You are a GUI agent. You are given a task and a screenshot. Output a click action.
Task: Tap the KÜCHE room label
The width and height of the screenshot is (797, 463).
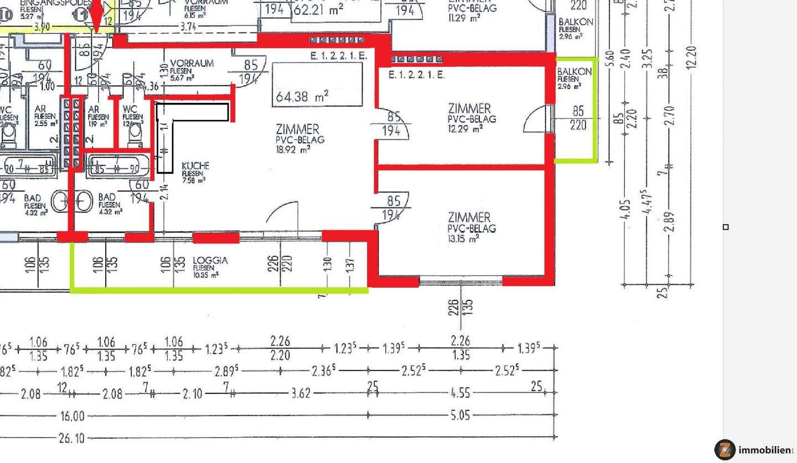coord(195,166)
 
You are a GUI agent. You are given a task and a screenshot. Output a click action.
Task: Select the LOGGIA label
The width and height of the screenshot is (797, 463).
coord(210,261)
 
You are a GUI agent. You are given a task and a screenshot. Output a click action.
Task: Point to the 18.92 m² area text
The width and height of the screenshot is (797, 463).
coord(293,149)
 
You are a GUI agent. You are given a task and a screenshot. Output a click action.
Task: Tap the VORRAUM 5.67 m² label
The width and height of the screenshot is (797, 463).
coord(192,64)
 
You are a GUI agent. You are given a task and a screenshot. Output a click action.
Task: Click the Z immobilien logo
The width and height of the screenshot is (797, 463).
coord(753,450)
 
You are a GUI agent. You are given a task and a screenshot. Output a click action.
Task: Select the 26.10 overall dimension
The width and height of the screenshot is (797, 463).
coord(72,438)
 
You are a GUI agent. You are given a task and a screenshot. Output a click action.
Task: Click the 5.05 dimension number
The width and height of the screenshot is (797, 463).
coord(460,415)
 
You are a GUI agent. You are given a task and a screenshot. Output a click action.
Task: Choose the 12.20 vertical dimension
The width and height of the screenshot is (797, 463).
coord(691,57)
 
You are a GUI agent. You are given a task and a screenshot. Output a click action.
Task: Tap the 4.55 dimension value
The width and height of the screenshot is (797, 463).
coord(460,393)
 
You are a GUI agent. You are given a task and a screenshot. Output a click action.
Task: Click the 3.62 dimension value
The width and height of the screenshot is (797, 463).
coord(301,393)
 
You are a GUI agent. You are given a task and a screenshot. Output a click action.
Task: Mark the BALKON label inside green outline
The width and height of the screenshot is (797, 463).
coord(574,72)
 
